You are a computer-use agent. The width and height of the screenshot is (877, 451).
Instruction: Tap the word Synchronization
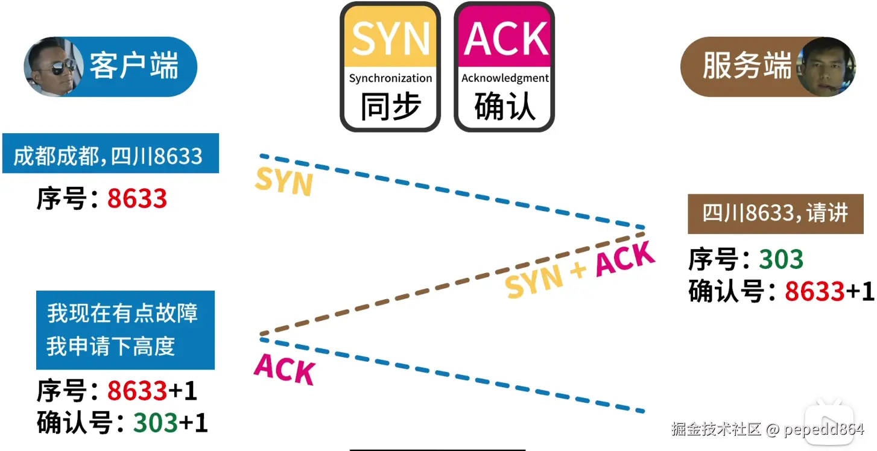pyautogui.click(x=390, y=78)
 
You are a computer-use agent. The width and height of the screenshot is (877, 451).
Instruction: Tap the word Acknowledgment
pyautogui.click(x=505, y=78)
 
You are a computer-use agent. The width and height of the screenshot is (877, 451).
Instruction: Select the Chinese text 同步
pyautogui.click(x=390, y=107)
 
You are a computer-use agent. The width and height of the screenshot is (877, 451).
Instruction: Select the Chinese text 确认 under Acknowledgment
pyautogui.click(x=505, y=107)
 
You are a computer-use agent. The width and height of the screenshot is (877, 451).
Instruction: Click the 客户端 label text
pyautogui.click(x=134, y=65)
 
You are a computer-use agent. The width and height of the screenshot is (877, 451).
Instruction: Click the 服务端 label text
pyautogui.click(x=747, y=65)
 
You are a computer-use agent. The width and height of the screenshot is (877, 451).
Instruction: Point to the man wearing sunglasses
pyautogui.click(x=51, y=66)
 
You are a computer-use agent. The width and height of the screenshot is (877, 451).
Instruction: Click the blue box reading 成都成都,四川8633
pyautogui.click(x=110, y=156)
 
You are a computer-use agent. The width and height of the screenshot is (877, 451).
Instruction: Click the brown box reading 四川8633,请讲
pyautogui.click(x=775, y=213)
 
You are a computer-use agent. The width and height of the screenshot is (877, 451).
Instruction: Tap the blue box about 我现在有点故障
pyautogui.click(x=125, y=330)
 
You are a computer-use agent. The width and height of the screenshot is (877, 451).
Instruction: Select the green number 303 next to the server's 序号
pyautogui.click(x=780, y=260)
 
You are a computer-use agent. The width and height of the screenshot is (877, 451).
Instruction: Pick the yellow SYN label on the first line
pyautogui.click(x=283, y=181)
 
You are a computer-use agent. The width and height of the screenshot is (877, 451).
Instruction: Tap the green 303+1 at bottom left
pyautogui.click(x=171, y=423)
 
